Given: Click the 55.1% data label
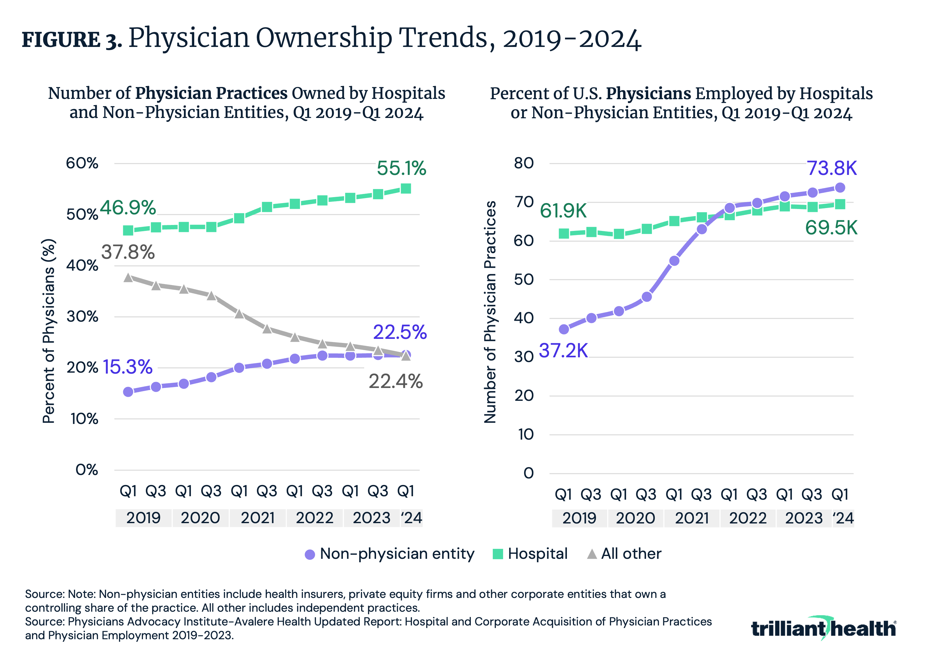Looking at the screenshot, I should tap(401, 168).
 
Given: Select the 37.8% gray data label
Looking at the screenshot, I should tap(128, 252).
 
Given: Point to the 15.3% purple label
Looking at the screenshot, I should tap(127, 367).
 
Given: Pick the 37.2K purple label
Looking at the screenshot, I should tap(563, 351).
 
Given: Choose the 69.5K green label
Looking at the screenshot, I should tap(831, 228).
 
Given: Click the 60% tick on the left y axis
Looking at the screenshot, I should tap(82, 163).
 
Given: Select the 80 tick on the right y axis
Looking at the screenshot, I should tap(524, 163).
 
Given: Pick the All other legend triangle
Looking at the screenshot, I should tap(592, 554).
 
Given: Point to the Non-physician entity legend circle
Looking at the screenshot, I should tap(310, 554).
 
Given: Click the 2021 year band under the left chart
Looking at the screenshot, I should tap(257, 518).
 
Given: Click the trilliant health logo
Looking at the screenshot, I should tap(823, 628).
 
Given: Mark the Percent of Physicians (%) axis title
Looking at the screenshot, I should tap(49, 331).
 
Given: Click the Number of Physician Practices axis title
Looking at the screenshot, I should tap(490, 312).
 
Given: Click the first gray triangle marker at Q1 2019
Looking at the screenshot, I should tap(128, 278).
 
